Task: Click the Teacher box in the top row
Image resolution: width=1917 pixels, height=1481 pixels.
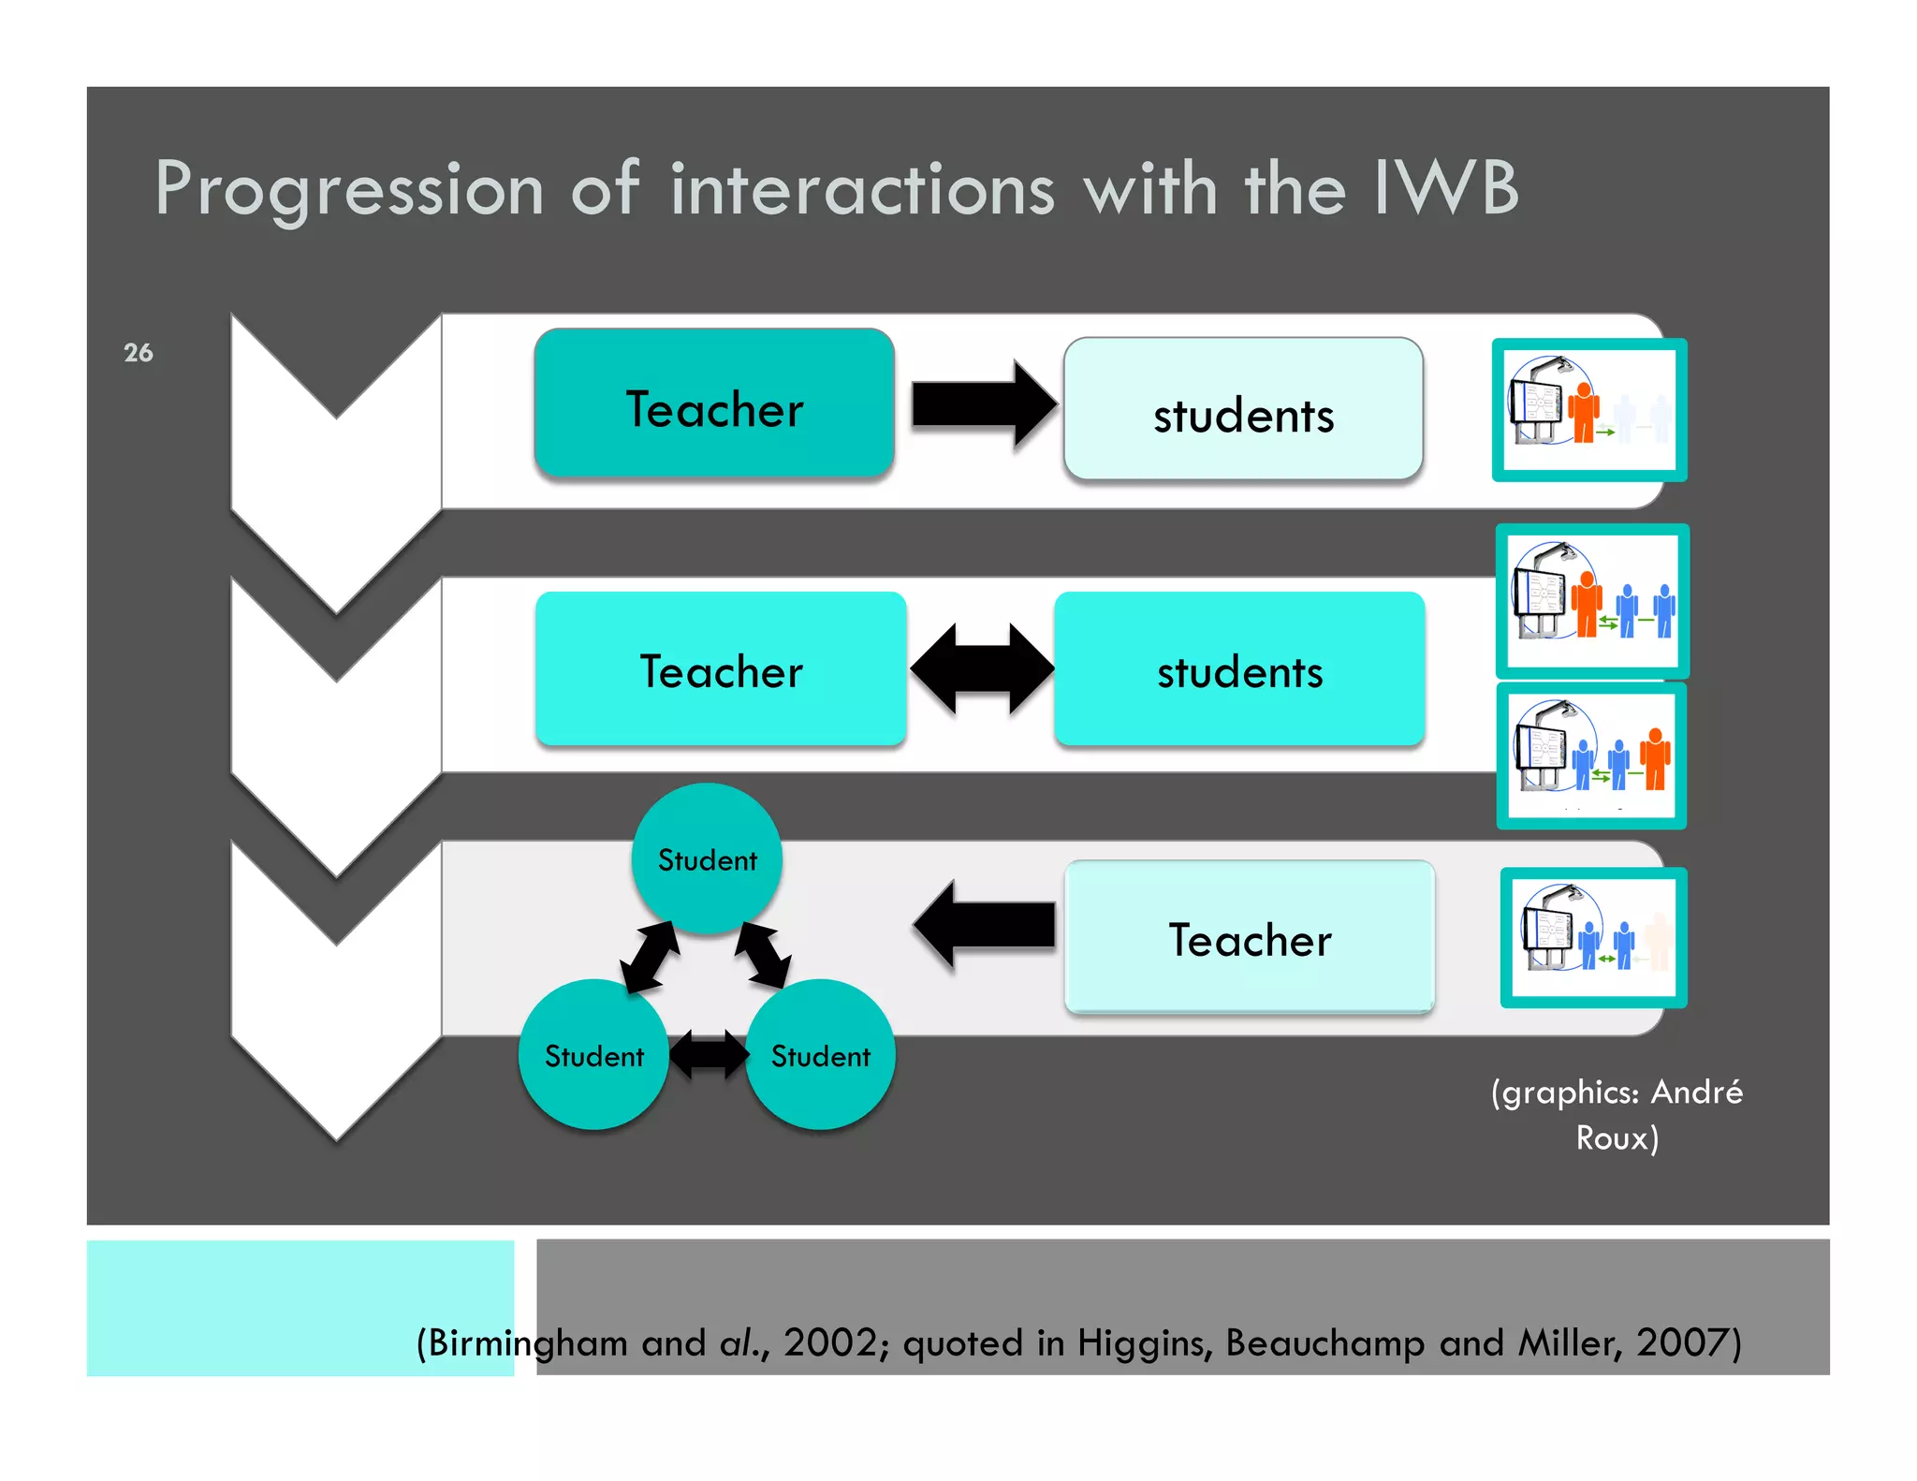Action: pos(713,404)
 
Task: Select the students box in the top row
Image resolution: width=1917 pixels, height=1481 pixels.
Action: pos(1242,410)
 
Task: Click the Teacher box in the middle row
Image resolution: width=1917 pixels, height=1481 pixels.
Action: pos(720,668)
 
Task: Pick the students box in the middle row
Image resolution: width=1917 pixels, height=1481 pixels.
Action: pos(1238,668)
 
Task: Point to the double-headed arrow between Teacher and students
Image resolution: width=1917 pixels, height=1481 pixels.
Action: pos(981,668)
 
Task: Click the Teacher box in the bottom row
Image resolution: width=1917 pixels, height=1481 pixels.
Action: pos(1249,936)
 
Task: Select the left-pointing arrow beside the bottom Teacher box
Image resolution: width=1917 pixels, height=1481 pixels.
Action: pos(983,925)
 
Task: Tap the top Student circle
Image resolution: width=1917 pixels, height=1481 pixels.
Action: pos(707,858)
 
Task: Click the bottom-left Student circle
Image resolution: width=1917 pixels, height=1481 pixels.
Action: pos(593,1054)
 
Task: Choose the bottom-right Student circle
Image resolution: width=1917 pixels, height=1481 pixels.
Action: pos(820,1054)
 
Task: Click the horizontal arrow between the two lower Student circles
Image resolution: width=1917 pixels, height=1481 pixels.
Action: pos(709,1054)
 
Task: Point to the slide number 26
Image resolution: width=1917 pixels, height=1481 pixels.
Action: pos(138,353)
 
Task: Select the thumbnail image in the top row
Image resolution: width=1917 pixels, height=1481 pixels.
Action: pos(1588,410)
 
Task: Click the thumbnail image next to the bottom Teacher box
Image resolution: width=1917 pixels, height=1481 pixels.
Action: pos(1592,937)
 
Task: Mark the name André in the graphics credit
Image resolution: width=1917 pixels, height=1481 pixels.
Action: pos(1695,1092)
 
